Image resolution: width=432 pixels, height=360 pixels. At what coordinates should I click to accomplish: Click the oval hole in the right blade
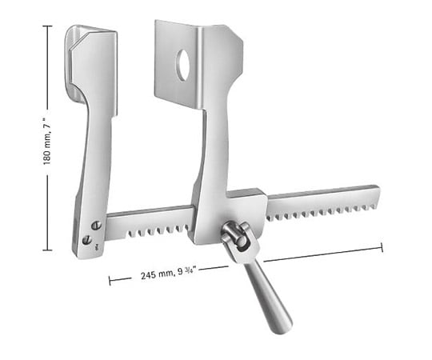(x=183, y=66)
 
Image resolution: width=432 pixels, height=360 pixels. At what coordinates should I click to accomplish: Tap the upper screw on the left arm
(x=96, y=226)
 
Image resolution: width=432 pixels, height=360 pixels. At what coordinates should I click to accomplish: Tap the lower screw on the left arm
(x=86, y=239)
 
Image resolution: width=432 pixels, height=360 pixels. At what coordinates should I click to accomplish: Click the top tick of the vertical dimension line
(x=47, y=26)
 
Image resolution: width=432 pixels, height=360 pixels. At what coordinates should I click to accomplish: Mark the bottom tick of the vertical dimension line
(x=47, y=250)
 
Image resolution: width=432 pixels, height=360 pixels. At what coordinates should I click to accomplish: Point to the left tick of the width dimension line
(x=110, y=281)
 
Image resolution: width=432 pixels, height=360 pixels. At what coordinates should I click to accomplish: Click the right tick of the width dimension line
(x=382, y=247)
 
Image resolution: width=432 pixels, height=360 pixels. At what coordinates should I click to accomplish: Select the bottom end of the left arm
(x=85, y=250)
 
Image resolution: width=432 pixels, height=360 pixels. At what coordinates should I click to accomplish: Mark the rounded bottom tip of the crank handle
(x=282, y=326)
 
